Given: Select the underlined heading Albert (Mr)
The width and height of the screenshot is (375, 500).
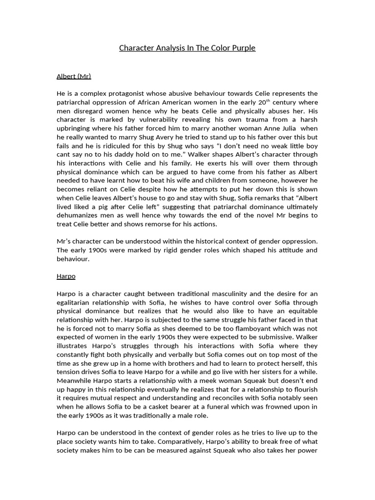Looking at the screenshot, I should [74, 76].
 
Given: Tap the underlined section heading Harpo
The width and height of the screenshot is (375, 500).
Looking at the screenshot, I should [66, 276].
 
